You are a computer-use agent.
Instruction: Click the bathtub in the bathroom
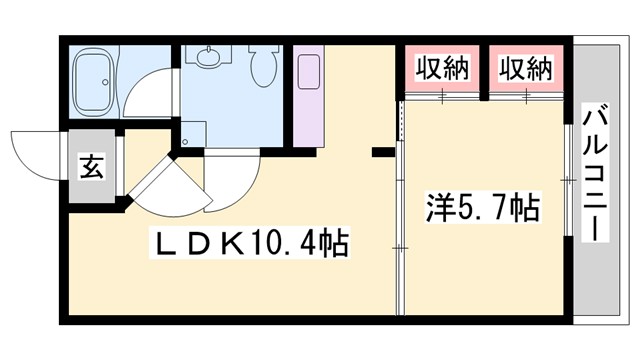(99, 79)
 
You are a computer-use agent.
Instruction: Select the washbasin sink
(208, 57)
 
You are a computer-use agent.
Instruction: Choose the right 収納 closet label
(526, 69)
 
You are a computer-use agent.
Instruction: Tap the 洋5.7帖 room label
(485, 209)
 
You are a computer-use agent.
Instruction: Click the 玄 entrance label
(91, 167)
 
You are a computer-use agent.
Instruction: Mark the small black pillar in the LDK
(382, 152)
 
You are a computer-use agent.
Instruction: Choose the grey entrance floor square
(91, 167)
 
